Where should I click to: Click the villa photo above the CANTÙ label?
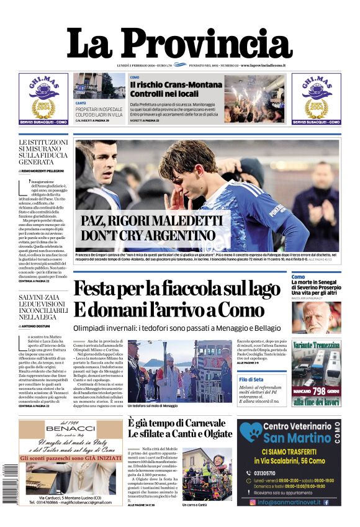pyautogui.click(x=99, y=86)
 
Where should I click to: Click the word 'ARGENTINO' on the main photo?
pyautogui.click(x=179, y=235)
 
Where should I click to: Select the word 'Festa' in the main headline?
pyautogui.click(x=99, y=290)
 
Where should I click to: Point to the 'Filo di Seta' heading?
pyautogui.click(x=251, y=379)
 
